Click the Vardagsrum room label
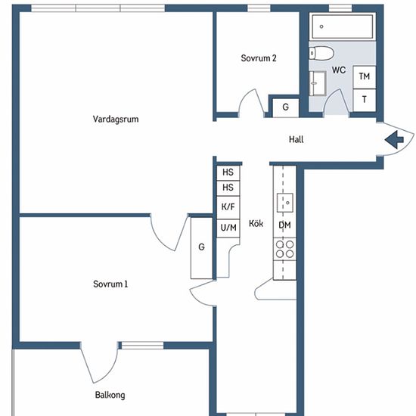tap(116, 119)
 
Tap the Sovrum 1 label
tap(110, 284)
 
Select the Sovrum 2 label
tap(259, 58)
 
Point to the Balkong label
tap(110, 395)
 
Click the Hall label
tap(296, 139)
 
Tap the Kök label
tap(256, 223)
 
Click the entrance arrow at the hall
tap(394, 140)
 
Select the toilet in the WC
tap(321, 53)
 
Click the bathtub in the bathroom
tap(343, 26)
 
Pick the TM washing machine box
tap(365, 77)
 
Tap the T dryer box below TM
tap(365, 101)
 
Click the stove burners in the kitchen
tap(284, 249)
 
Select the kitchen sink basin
tap(285, 203)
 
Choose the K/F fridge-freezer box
tap(228, 207)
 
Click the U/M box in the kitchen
tap(228, 228)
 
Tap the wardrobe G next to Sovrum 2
tap(286, 107)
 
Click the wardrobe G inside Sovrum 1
tap(202, 248)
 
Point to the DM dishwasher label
tap(284, 225)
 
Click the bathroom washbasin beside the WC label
tap(318, 83)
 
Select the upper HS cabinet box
tap(228, 173)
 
